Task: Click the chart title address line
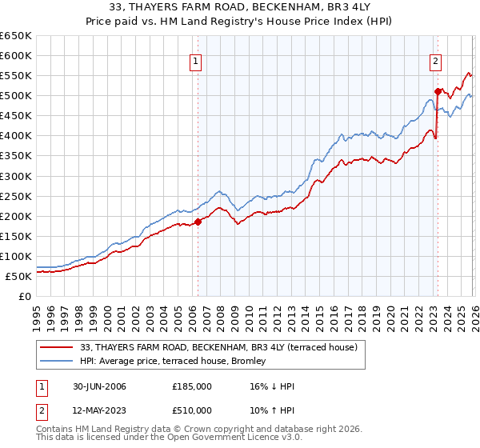[x=239, y=8]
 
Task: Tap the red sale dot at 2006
[x=198, y=222]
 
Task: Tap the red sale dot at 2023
[x=438, y=91]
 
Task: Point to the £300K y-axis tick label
[x=16, y=176]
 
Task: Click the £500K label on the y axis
[x=16, y=96]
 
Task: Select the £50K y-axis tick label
[x=19, y=276]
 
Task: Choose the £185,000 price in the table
[x=191, y=386]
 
